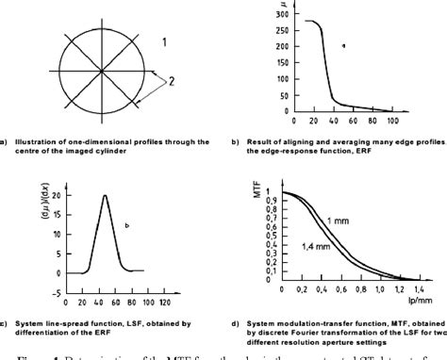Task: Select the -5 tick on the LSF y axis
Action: tap(58, 291)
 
